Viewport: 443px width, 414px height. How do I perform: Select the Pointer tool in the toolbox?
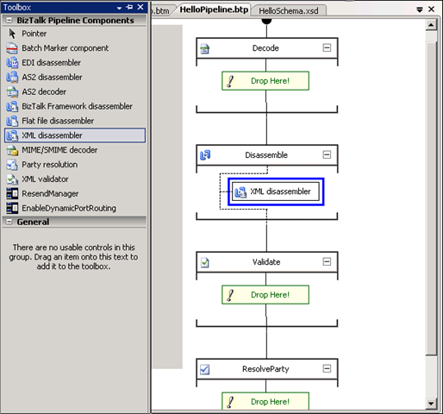pos(27,34)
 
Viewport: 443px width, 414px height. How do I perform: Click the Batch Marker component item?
pos(58,48)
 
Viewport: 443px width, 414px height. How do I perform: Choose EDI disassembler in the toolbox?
pos(44,63)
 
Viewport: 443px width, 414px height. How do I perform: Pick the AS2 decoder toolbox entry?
pos(36,91)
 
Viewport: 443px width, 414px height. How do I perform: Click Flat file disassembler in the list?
pos(50,121)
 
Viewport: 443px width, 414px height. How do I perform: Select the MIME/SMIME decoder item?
pos(53,150)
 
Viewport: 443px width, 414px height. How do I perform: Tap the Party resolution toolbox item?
pos(42,165)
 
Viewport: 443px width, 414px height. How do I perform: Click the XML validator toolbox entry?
pos(38,179)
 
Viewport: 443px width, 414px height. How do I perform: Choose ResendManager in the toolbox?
pos(42,194)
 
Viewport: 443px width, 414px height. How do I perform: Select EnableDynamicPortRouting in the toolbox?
pos(61,208)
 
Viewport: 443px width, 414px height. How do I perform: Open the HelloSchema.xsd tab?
pos(289,11)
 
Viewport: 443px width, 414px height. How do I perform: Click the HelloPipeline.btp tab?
pos(214,9)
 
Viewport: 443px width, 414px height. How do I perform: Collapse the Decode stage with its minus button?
pos(327,47)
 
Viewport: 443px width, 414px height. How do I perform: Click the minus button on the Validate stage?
pos(327,261)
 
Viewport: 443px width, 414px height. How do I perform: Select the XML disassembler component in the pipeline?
pos(276,191)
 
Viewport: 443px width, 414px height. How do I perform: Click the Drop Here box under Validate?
pos(265,295)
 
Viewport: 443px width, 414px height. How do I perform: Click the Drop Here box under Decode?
pos(265,81)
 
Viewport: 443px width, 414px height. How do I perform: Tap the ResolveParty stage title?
pos(265,369)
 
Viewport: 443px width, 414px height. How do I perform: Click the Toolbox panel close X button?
pos(140,7)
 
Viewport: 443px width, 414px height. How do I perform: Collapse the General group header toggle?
pos(9,222)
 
